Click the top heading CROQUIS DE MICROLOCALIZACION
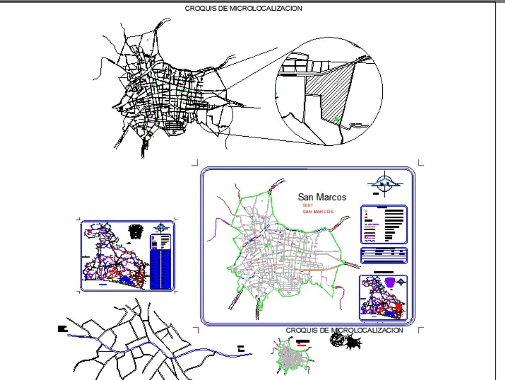pos(243,9)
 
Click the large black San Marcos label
pos(322,197)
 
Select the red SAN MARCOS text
pos(318,212)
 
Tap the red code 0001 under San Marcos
pos(308,205)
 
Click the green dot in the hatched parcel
pos(336,119)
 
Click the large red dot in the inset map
pos(398,307)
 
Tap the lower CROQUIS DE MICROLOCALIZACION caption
pos(344,330)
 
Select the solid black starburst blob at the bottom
pos(354,343)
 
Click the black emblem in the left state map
pos(136,232)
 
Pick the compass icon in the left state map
pos(162,228)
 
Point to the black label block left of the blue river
pos(62,329)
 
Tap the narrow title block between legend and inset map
pos(384,255)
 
